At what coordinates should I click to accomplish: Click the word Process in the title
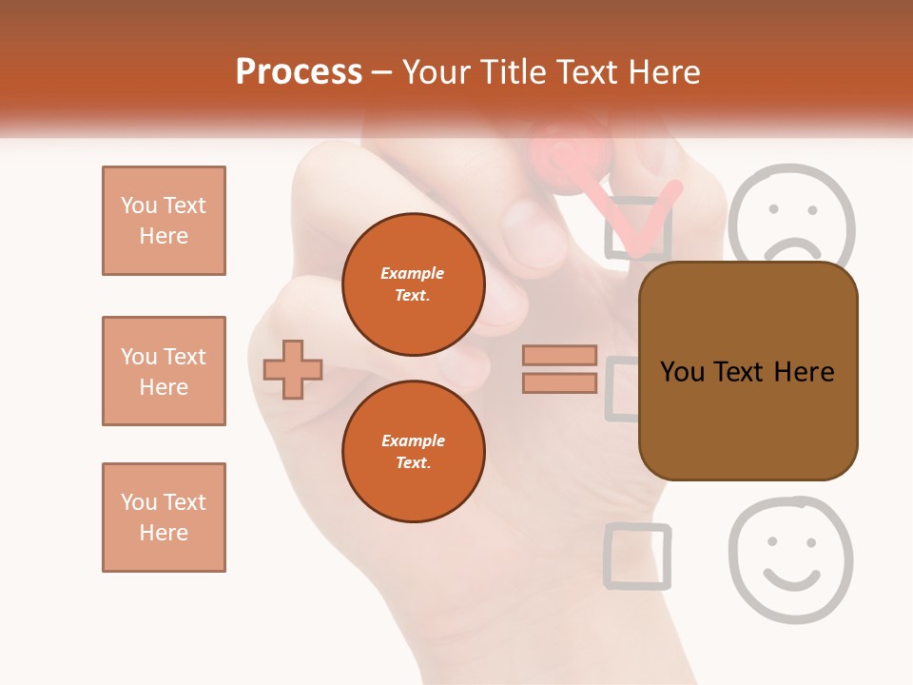click(x=299, y=72)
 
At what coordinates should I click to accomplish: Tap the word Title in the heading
click(x=510, y=72)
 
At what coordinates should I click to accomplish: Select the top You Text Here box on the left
click(x=164, y=221)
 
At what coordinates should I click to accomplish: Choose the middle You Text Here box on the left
click(x=164, y=371)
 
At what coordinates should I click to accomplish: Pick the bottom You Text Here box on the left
click(x=164, y=518)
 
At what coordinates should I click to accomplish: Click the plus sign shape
click(x=293, y=369)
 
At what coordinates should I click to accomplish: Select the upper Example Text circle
click(x=413, y=284)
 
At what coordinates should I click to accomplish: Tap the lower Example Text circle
click(x=413, y=451)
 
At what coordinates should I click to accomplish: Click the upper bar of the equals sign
click(x=559, y=356)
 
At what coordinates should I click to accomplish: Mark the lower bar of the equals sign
click(x=559, y=382)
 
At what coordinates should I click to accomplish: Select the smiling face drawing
click(x=790, y=558)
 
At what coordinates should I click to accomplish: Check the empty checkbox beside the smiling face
click(x=637, y=555)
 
